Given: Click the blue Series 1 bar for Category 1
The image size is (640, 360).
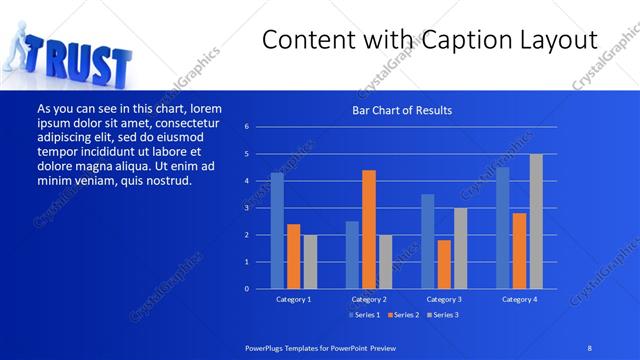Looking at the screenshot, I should pos(277,230).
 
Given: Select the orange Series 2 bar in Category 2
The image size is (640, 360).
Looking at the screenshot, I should pos(369,229).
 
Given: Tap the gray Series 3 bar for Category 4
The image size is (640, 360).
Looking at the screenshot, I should pos(536,221).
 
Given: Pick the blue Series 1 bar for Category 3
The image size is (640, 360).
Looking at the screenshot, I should pos(427,241).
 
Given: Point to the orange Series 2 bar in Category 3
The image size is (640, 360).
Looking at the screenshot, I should pos(444,264).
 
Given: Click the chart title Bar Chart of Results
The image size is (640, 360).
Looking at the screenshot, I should pos(403,110).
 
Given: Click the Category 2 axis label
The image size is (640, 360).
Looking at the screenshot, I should pos(369,299).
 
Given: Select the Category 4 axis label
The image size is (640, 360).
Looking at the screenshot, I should pos(519,299).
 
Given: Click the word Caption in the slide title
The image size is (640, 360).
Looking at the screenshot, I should pos(461,41).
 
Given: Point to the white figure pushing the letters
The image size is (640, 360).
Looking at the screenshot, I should pos(22,50).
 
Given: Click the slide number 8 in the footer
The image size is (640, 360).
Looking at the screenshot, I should pos(590,347).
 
